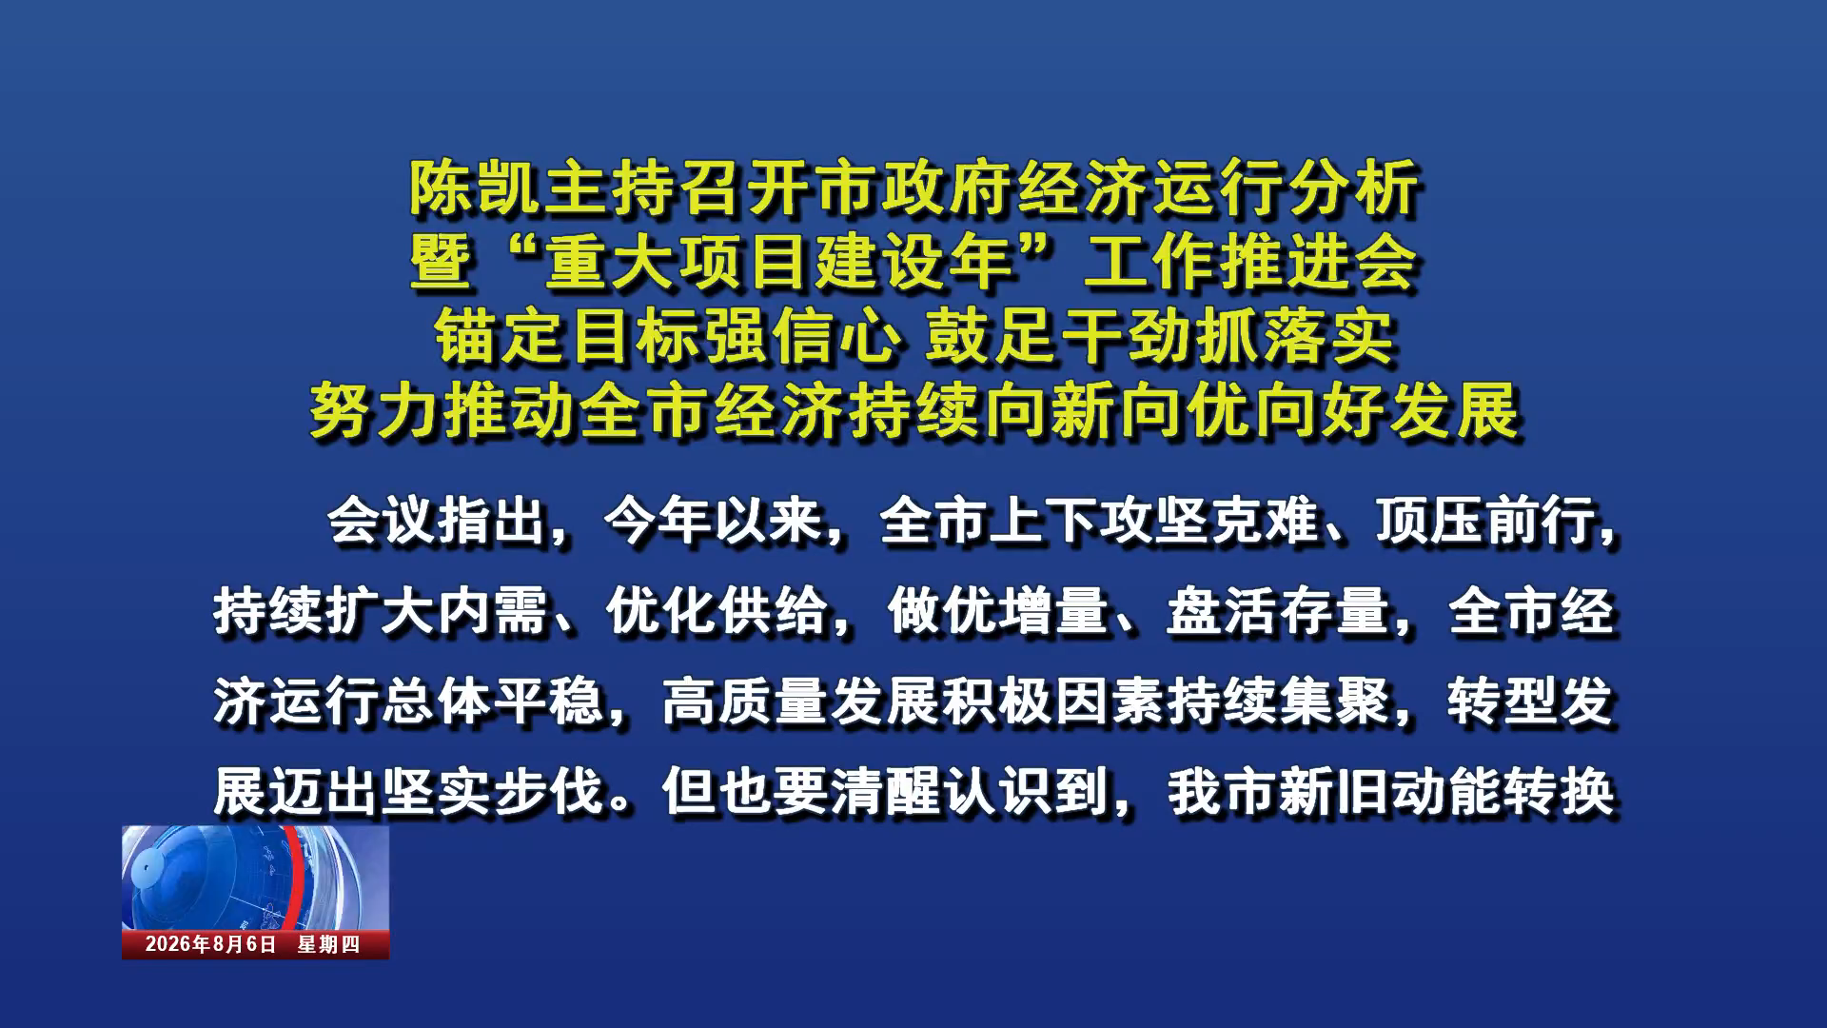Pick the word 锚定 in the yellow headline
pos(501,337)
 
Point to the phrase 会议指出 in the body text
pos(438,521)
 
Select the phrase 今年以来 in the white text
pos(715,521)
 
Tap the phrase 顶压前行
pos(1487,521)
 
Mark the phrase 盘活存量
pos(1278,611)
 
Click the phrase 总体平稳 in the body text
pos(493,702)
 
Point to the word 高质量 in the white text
pos(745,702)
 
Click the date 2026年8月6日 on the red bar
pos(210,944)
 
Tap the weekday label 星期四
pos(328,944)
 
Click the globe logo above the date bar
pos(255,878)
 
